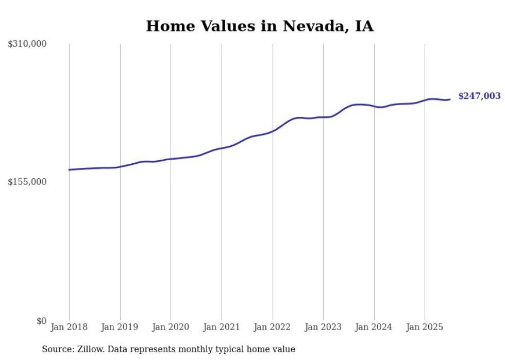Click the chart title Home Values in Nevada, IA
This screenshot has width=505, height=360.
click(x=260, y=26)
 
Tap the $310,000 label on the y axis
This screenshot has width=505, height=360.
click(x=27, y=44)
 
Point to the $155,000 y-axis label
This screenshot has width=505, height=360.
click(x=27, y=182)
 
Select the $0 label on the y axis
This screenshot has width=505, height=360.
click(x=41, y=321)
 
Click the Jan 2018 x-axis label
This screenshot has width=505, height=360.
click(x=69, y=327)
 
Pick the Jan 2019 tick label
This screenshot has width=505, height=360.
click(x=120, y=327)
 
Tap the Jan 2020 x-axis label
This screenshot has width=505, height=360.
click(x=171, y=327)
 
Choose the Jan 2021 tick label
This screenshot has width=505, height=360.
click(x=222, y=327)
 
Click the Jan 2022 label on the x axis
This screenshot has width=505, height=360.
click(x=272, y=327)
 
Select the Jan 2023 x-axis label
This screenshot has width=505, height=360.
click(x=323, y=327)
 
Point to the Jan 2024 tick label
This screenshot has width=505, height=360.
click(x=374, y=327)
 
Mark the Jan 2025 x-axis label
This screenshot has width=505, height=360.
click(x=425, y=327)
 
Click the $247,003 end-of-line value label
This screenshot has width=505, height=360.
click(x=479, y=96)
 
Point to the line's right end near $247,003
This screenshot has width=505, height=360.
click(x=450, y=99)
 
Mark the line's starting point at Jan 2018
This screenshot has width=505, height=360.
click(x=69, y=169)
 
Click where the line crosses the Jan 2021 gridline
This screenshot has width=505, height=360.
click(x=222, y=148)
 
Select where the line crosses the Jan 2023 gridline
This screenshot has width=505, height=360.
click(x=323, y=117)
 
